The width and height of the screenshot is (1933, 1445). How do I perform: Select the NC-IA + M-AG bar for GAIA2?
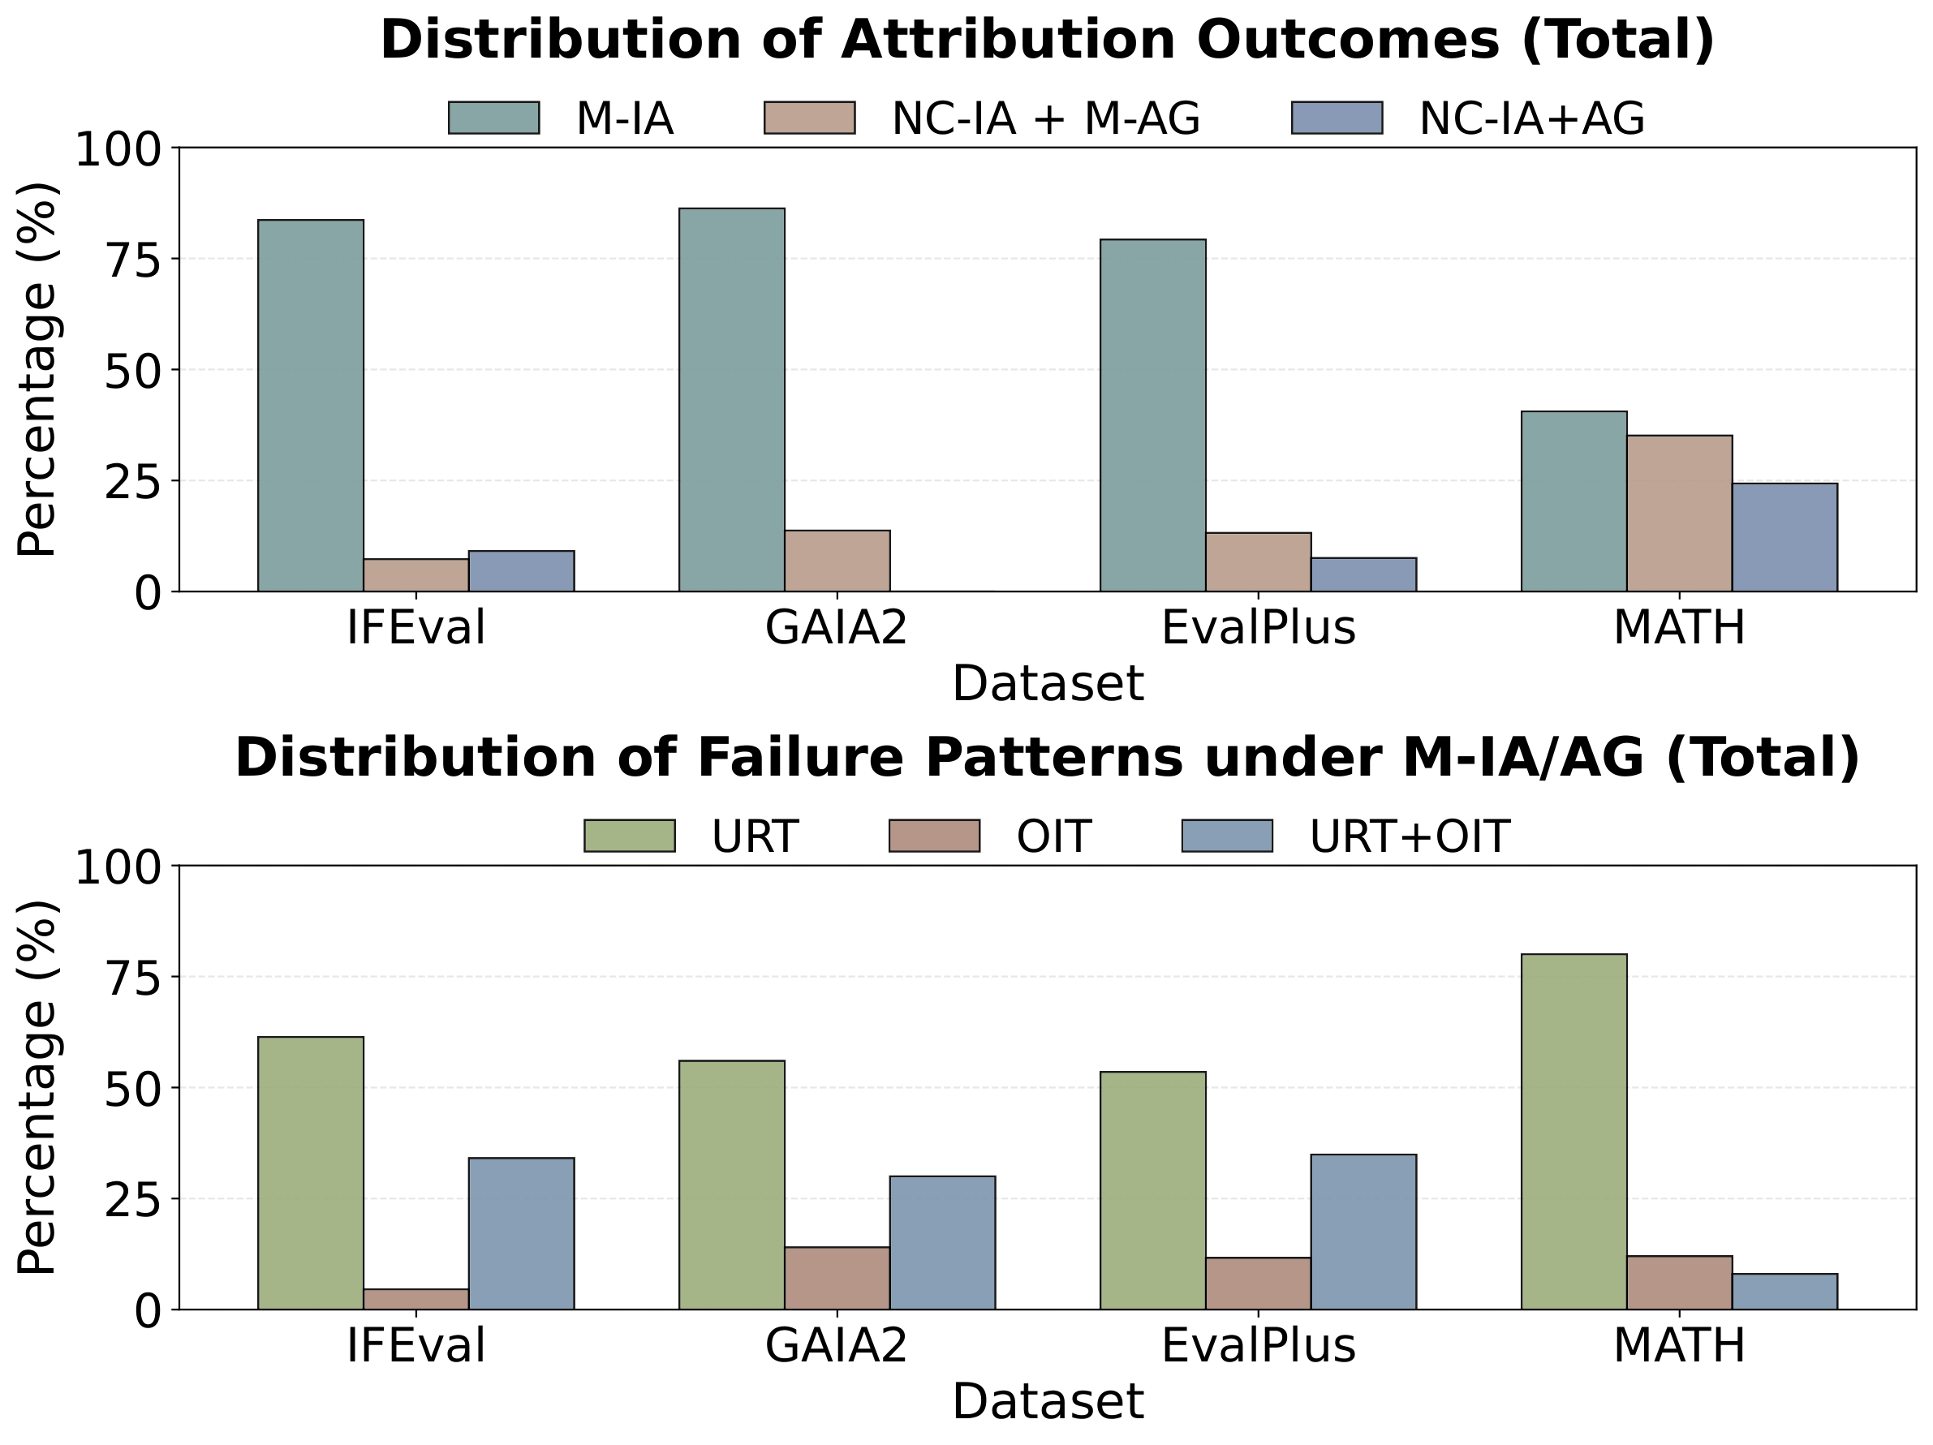click(x=837, y=560)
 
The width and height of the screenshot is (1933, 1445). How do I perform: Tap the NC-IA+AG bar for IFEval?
click(x=521, y=570)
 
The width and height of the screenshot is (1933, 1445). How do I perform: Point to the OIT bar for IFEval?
click(x=415, y=1298)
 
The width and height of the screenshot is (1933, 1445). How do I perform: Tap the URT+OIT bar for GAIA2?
click(x=941, y=1242)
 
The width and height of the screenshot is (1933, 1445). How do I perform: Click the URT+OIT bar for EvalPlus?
click(x=1363, y=1232)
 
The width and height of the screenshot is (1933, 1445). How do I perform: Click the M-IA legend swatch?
click(x=493, y=118)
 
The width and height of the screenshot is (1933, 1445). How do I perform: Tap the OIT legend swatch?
click(x=933, y=836)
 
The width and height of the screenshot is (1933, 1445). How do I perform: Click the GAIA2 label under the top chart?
click(x=837, y=627)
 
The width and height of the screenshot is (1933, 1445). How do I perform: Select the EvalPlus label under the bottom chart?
click(x=1258, y=1345)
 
